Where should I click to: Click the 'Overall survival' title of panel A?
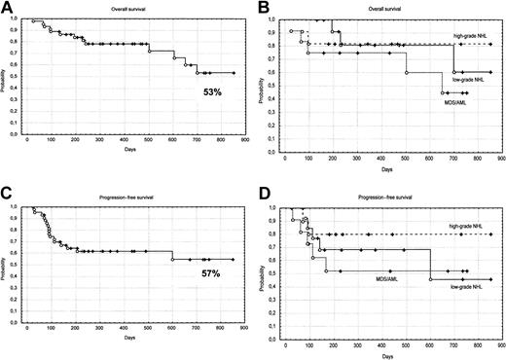coord(134,9)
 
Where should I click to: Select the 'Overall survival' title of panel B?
coord(389,9)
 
